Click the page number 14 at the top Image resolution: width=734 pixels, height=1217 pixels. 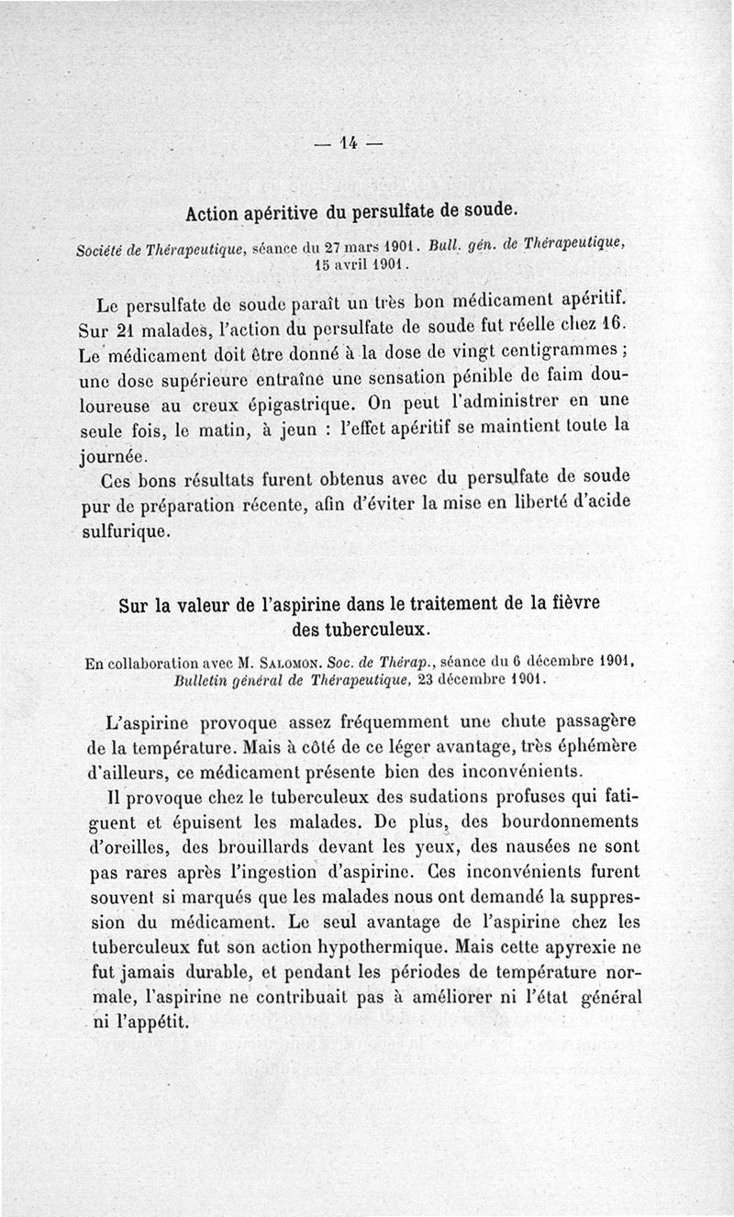pyautogui.click(x=348, y=143)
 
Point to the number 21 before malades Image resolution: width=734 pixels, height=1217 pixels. pyautogui.click(x=125, y=328)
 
